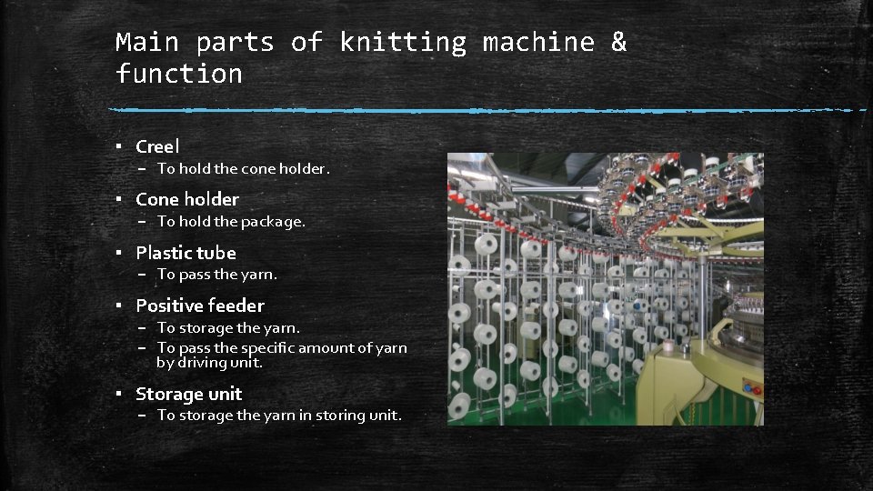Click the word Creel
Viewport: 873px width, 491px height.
pos(157,146)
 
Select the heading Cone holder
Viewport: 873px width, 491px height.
pos(187,199)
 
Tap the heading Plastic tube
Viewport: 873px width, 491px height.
pos(186,253)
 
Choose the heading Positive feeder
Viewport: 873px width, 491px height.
pos(200,306)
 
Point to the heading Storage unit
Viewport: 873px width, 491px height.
pos(189,394)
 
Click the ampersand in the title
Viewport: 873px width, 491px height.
pos(618,42)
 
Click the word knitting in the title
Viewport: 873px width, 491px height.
pos(403,43)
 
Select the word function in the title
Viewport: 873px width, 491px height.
pos(179,74)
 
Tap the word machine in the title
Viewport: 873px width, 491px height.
pos(538,43)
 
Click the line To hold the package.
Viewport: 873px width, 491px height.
pos(231,222)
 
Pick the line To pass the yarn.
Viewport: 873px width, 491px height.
pos(216,275)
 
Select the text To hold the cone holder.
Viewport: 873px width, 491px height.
pos(244,169)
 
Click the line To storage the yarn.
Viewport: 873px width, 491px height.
pos(228,328)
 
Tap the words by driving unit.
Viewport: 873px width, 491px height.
pos(209,363)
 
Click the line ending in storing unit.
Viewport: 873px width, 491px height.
pos(279,416)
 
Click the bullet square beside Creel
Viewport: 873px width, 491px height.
pos(118,146)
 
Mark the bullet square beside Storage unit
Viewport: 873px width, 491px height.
pos(118,394)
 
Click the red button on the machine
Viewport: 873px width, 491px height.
pos(757,391)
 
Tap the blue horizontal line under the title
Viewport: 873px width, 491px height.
pos(487,110)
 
